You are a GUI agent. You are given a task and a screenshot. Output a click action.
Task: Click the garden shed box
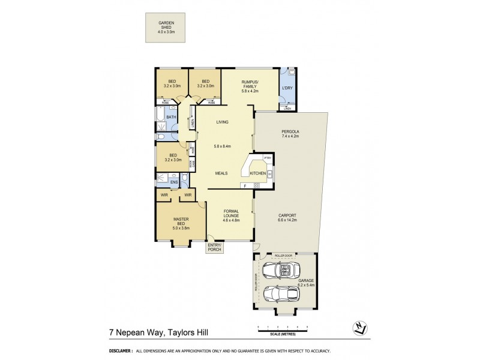click(x=166, y=28)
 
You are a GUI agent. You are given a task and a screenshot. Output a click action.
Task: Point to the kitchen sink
click(x=271, y=175)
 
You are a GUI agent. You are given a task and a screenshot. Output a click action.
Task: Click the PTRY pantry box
click(x=268, y=158)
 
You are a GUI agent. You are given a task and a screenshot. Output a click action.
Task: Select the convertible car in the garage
click(x=280, y=271)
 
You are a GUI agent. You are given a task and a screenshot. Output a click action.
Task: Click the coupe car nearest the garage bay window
click(x=281, y=295)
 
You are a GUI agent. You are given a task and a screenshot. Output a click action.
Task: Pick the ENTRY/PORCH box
click(x=214, y=247)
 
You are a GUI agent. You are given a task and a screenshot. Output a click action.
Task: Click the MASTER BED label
click(x=181, y=221)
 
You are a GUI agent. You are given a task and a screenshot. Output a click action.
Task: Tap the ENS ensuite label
click(x=174, y=182)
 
